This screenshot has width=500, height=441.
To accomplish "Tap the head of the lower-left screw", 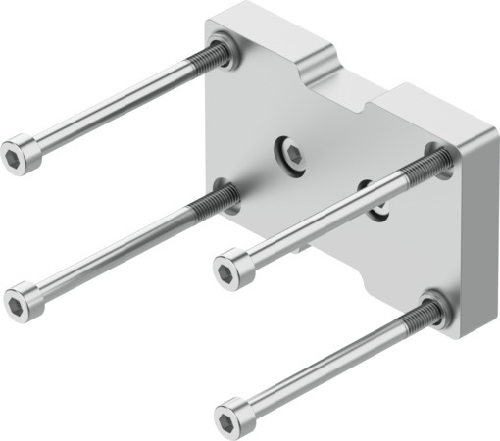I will pyautogui.click(x=24, y=298).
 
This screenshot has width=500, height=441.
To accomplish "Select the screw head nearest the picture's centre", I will pyautogui.click(x=234, y=267).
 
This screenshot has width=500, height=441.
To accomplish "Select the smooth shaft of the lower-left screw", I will pyautogui.click(x=108, y=252).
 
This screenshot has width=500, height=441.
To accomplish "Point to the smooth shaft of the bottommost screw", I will pyautogui.click(x=324, y=367).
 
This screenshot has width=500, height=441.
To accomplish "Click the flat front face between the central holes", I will pyautogui.click(x=328, y=181).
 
